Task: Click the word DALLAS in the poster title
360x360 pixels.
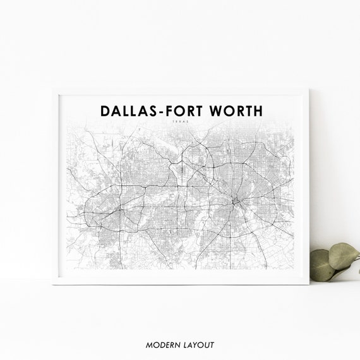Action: pyautogui.click(x=130, y=112)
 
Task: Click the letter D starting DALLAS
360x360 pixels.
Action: pyautogui.click(x=105, y=112)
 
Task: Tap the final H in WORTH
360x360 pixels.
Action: pyautogui.click(x=257, y=112)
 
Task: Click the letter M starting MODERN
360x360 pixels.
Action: pyautogui.click(x=148, y=345)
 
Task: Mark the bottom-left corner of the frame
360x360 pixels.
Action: pyautogui.click(x=53, y=284)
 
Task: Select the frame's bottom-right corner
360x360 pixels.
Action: pyautogui.click(x=309, y=284)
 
